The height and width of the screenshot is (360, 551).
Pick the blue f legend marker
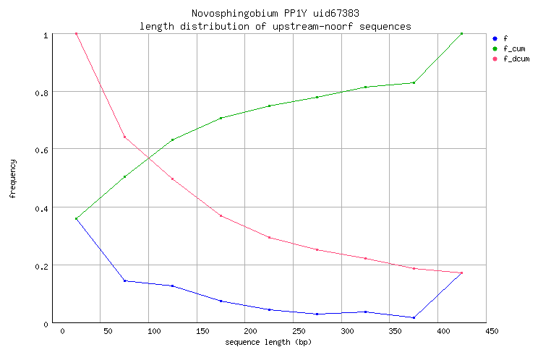coord(495,38)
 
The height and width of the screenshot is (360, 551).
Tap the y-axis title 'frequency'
coord(12,179)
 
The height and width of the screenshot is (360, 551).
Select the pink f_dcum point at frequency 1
coord(76,34)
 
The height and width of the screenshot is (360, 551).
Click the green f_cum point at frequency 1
coord(461,34)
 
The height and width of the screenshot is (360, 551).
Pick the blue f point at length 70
coord(124,280)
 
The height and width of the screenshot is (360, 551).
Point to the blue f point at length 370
coord(414,317)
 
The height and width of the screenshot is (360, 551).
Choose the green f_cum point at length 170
coord(221,118)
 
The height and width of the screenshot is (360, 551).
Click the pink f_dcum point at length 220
coord(269,237)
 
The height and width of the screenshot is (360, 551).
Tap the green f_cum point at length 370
coord(414,82)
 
